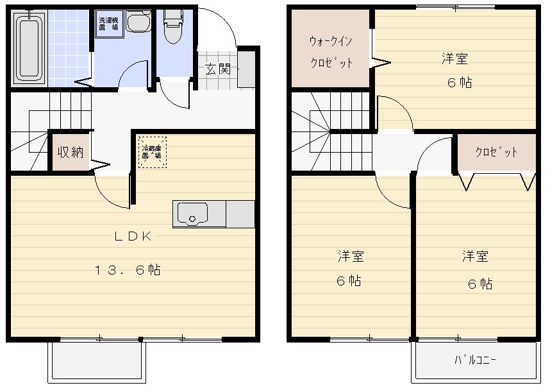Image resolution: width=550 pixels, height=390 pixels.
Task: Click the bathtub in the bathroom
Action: [29, 49]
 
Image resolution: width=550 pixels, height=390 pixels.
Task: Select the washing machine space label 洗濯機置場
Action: [108, 24]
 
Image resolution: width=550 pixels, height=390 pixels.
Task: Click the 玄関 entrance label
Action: [217, 69]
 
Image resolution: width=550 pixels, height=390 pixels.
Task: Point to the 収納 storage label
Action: [71, 153]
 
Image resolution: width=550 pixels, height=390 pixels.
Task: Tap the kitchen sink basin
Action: [192, 214]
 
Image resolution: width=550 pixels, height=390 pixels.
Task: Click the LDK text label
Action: [133, 236]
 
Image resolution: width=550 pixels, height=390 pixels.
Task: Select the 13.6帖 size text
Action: [128, 270]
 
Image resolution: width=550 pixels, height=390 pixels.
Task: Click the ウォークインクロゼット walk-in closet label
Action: [331, 52]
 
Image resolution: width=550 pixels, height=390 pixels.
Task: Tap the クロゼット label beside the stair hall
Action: [496, 153]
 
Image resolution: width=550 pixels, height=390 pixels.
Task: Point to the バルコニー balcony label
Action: [475, 360]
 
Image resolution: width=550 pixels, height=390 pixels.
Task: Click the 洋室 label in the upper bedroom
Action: [454, 59]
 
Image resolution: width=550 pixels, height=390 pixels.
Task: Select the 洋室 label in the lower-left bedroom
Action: [351, 257]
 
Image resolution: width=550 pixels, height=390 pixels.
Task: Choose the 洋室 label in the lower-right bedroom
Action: [475, 257]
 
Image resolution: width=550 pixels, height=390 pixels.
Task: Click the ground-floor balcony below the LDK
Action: [97, 361]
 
